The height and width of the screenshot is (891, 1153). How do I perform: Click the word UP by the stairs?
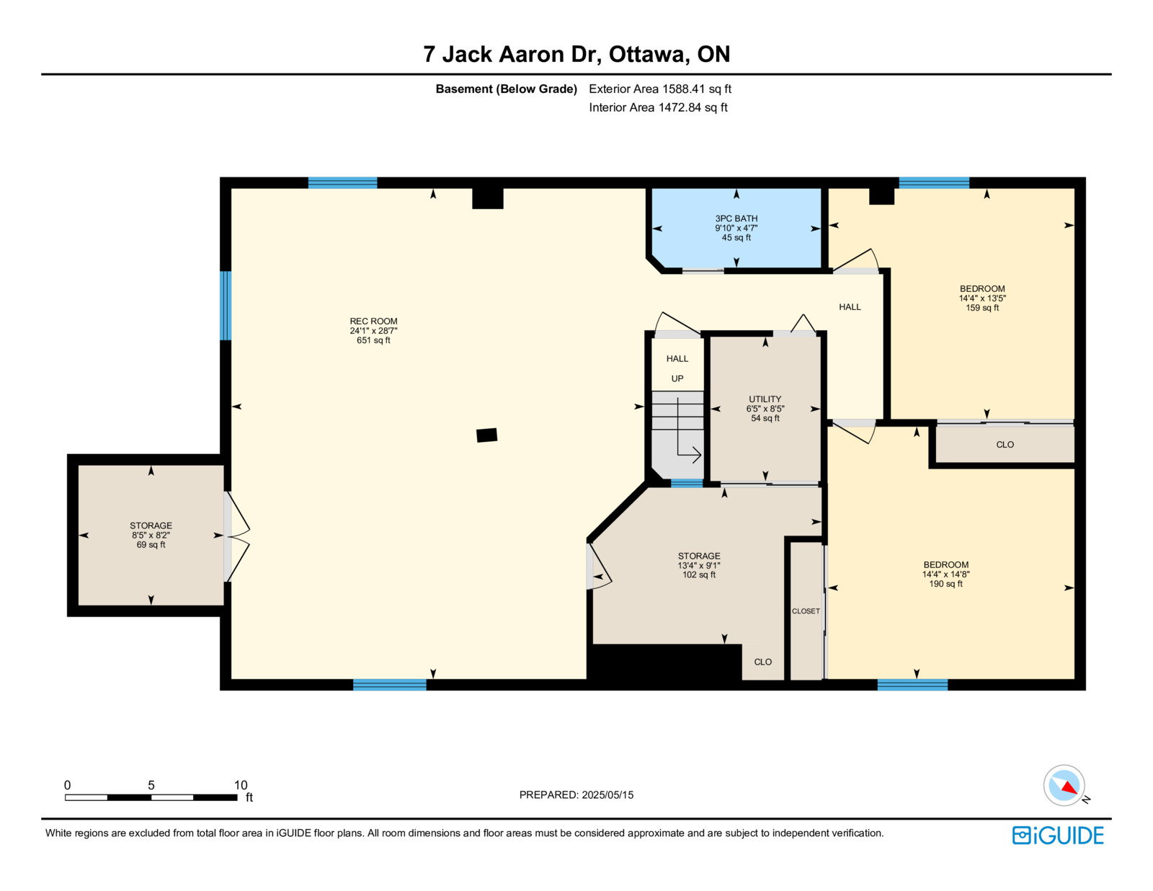tap(677, 378)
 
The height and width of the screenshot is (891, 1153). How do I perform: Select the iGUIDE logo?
tap(1057, 835)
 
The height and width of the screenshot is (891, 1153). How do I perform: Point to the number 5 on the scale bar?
tap(151, 785)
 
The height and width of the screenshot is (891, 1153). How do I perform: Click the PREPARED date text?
tap(576, 794)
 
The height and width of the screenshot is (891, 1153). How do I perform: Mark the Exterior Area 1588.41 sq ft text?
tap(660, 89)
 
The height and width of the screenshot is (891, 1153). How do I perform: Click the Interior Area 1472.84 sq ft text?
tap(658, 107)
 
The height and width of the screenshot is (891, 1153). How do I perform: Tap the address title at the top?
tap(576, 54)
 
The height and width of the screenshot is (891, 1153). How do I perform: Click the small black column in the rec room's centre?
tap(486, 435)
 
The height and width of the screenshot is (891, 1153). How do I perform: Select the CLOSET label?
tap(806, 611)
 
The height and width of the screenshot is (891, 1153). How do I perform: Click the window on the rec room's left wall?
tap(226, 305)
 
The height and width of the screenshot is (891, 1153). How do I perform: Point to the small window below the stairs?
tap(687, 483)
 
